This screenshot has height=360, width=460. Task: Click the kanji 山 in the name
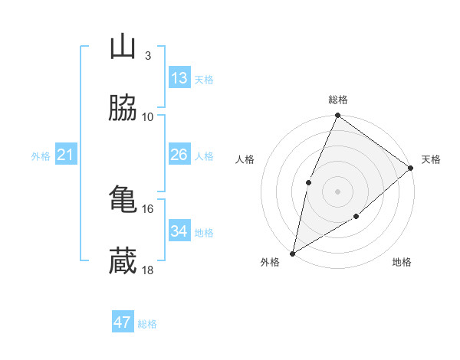pyautogui.click(x=123, y=47)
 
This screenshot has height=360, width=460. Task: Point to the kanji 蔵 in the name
pyautogui.click(x=123, y=262)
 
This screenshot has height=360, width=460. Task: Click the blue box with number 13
pyautogui.click(x=179, y=78)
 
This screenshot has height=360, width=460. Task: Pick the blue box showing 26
pyautogui.click(x=179, y=155)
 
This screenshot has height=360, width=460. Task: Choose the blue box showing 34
pyautogui.click(x=179, y=231)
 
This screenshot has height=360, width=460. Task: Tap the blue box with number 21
pyautogui.click(x=66, y=155)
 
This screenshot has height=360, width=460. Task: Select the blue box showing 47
pyautogui.click(x=123, y=322)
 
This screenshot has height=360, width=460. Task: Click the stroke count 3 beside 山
pyautogui.click(x=147, y=56)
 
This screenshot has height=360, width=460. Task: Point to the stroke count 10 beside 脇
pyautogui.click(x=148, y=117)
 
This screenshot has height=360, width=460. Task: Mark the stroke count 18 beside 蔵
pyautogui.click(x=148, y=270)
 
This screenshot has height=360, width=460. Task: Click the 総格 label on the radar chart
pyautogui.click(x=338, y=100)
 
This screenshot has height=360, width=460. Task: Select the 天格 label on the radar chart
pyautogui.click(x=431, y=159)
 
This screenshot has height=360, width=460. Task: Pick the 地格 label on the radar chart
pyautogui.click(x=402, y=263)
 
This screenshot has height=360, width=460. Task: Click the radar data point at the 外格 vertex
pyautogui.click(x=292, y=253)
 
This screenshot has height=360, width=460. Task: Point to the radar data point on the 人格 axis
pyautogui.click(x=308, y=182)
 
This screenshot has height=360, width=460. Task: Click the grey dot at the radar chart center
pyautogui.click(x=337, y=191)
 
